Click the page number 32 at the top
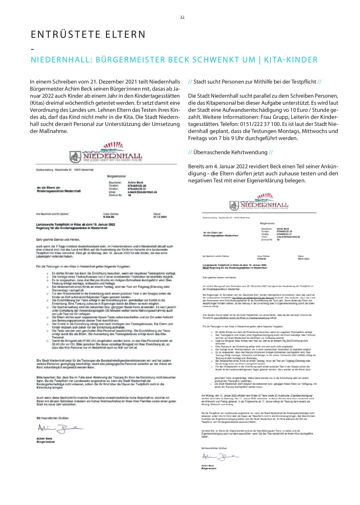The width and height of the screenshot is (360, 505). [182, 17]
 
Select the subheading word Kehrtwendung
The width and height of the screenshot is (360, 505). [249, 152]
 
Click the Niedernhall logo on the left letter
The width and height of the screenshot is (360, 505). [106, 154]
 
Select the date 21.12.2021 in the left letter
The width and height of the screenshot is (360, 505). [160, 217]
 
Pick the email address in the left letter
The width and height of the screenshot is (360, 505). [142, 192]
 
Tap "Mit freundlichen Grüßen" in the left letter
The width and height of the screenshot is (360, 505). [52, 418]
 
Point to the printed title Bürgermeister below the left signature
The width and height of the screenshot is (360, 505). [46, 442]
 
